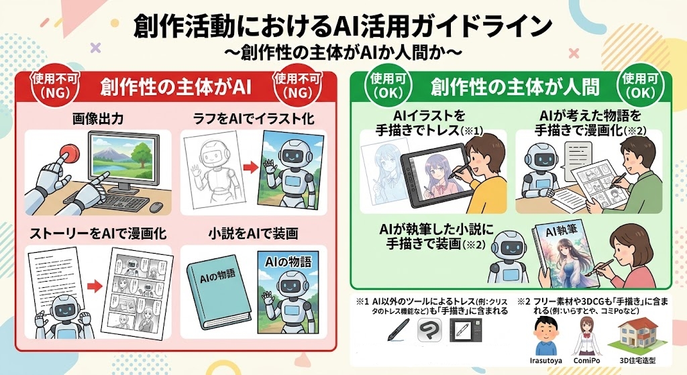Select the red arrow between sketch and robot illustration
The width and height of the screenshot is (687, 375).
250,167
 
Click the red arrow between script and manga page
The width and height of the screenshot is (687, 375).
95,286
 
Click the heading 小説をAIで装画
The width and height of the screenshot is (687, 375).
253,233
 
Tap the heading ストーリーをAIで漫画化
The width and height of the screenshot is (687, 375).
98,233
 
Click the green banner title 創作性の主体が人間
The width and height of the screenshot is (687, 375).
515,87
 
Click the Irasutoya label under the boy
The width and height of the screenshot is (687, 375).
546,360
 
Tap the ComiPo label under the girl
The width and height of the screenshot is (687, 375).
586,360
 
